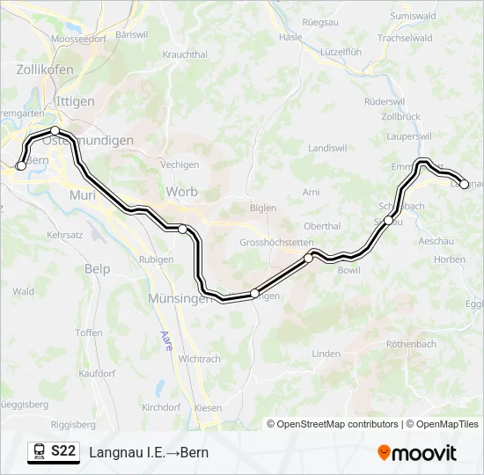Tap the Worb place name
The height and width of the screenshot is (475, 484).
click(181, 192)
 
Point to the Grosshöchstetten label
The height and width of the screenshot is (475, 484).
click(276, 242)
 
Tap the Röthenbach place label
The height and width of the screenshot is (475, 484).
click(411, 344)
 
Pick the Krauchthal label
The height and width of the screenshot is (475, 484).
click(185, 54)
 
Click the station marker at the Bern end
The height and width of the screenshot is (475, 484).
click(21, 165)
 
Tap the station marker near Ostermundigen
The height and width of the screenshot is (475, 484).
click(55, 131)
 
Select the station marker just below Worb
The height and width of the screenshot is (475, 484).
click(182, 229)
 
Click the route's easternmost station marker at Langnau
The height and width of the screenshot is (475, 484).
click(465, 184)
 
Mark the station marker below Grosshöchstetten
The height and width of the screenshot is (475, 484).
click(309, 258)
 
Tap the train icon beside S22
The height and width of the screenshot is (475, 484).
click(39, 451)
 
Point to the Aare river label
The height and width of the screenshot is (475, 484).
click(166, 340)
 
